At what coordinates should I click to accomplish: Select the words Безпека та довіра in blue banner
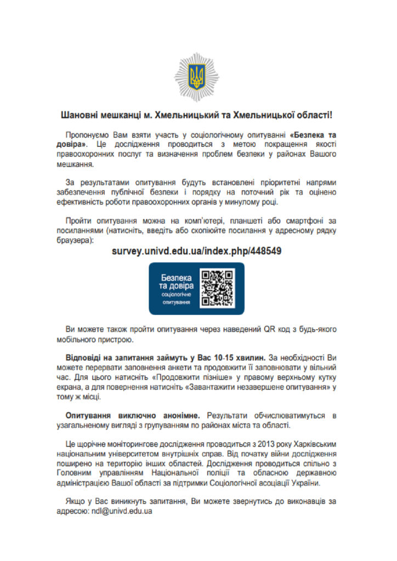click(x=176, y=282)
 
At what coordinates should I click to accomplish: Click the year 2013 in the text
click(x=243, y=444)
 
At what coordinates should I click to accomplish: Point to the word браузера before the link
click(x=76, y=240)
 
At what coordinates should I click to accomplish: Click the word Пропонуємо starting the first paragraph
click(x=88, y=134)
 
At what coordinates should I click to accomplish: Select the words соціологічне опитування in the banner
click(x=176, y=298)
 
